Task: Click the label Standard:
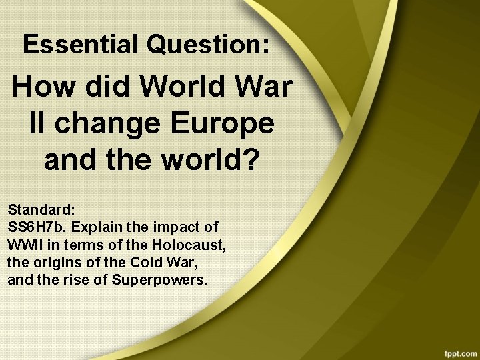coord(41,210)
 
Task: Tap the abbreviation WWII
coord(25,245)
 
